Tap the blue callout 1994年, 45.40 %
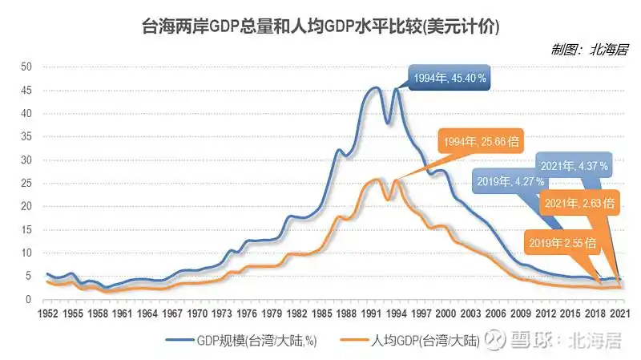click(449, 79)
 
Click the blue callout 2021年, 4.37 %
click(574, 166)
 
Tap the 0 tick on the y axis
click(29, 299)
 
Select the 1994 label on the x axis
click(396, 313)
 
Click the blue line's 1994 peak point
click(396, 89)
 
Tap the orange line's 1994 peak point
click(396, 180)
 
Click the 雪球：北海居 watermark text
click(567, 342)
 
